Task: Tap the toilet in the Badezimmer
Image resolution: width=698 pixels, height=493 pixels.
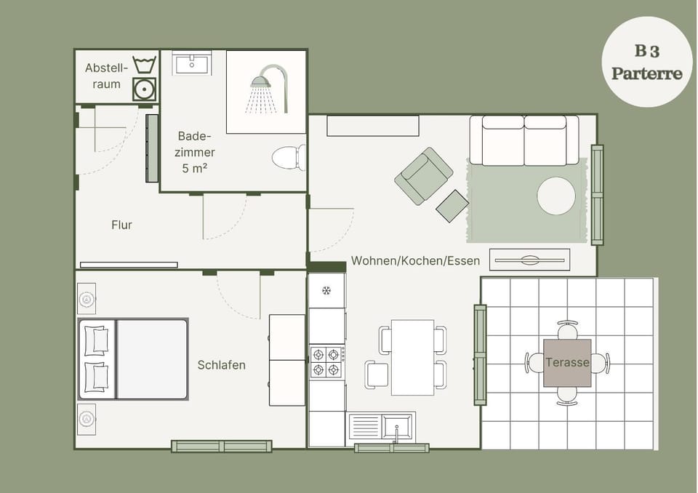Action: pos(289,157)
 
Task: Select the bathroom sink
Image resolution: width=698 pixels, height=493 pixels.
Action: pos(192,64)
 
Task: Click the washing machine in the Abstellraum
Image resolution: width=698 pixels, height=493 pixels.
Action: pos(145,89)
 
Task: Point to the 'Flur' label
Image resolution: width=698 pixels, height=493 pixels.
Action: pos(121,225)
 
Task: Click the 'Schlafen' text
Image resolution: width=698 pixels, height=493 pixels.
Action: pos(221,365)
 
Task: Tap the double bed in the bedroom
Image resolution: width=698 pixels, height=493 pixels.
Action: pos(133,358)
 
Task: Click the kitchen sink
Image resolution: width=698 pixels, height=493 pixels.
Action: pos(382,426)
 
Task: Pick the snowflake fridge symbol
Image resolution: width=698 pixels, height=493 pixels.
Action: pos(326,291)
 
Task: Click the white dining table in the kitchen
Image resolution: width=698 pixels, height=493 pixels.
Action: pos(412,357)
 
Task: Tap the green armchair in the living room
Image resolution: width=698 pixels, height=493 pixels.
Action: pos(423,176)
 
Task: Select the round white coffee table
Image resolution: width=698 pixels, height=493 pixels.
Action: pos(556,196)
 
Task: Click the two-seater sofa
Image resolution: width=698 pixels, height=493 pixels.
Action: pos(523,140)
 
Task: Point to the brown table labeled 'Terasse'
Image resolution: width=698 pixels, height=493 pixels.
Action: pos(567,362)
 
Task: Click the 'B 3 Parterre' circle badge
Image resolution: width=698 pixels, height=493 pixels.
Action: pos(646,63)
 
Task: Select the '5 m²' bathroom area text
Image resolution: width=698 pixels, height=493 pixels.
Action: pos(195,168)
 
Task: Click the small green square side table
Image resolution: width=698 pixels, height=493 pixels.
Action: pos(452,206)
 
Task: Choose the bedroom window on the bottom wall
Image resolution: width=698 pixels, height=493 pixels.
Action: pos(222,446)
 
